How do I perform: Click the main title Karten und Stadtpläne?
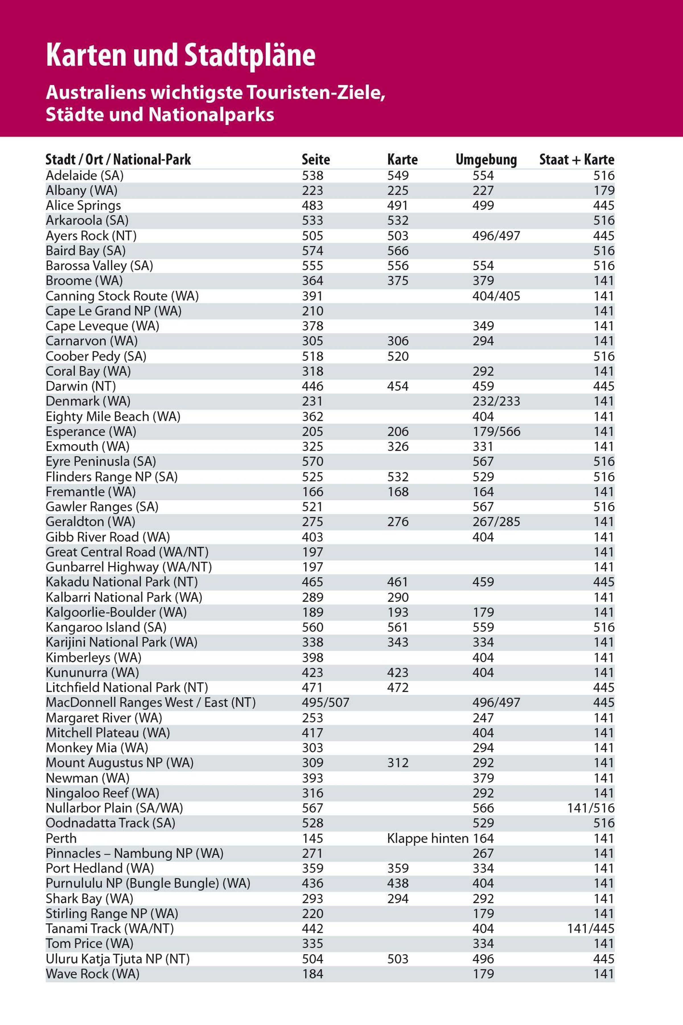(x=180, y=56)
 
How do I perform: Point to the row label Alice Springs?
(x=83, y=206)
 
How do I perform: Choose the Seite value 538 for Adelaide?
(x=313, y=176)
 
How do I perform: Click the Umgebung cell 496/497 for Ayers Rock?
(x=496, y=236)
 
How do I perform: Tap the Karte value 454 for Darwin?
(x=398, y=386)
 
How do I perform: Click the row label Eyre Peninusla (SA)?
(x=101, y=462)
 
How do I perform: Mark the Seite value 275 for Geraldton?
(x=313, y=522)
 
